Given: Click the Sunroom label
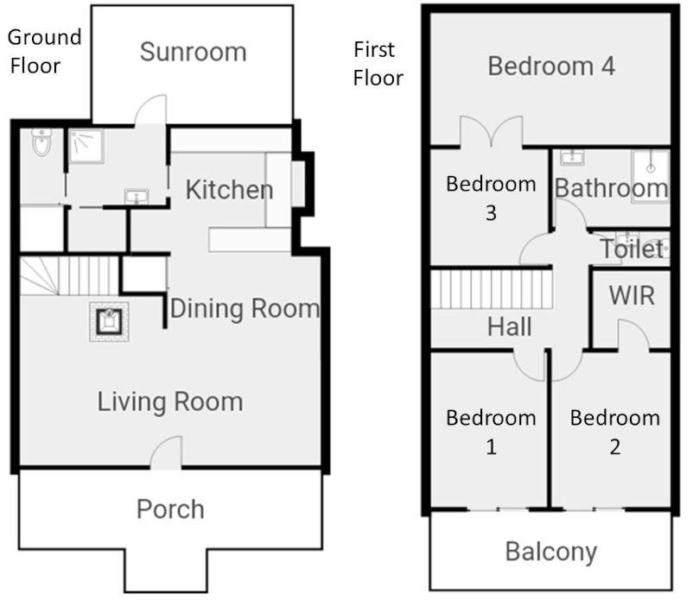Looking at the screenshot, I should point(193,52).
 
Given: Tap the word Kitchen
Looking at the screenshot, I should point(230,190).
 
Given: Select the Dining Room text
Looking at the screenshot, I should point(245,308).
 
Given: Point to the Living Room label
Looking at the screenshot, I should point(169,401).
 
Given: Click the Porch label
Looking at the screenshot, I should point(170,509).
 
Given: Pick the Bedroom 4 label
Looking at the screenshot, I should point(551,66).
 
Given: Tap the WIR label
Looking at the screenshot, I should point(632,295).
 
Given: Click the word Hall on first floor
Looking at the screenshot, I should point(509,327).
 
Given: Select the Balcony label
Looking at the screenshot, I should point(550,551).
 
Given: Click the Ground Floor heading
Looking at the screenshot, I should point(45,50).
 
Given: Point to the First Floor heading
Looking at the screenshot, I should point(378,63).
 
